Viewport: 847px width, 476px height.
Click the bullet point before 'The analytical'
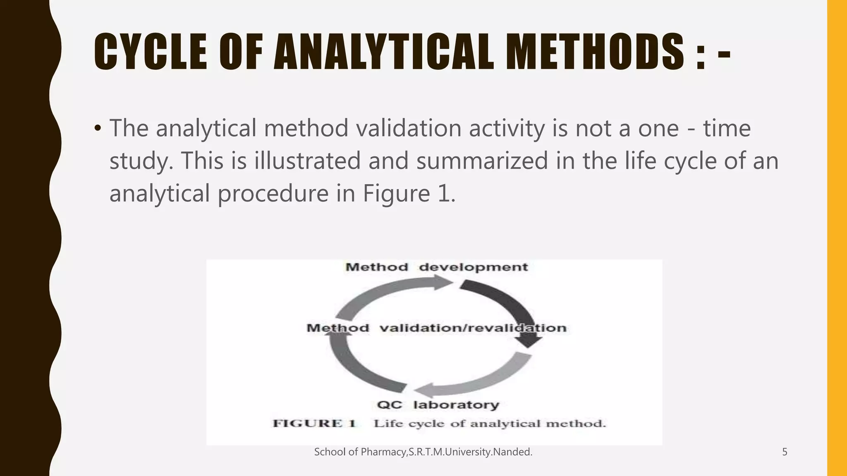click(x=98, y=129)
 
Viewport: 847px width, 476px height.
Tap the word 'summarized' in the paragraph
click(x=482, y=161)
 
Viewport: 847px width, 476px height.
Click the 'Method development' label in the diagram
click(x=437, y=267)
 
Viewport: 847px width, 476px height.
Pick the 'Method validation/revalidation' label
click(x=436, y=328)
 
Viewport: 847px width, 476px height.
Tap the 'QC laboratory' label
click(x=438, y=405)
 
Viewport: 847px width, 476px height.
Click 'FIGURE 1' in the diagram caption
click(x=314, y=424)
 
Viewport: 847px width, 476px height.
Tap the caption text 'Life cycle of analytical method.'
click(x=490, y=424)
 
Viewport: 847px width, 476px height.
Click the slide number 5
click(x=785, y=452)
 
